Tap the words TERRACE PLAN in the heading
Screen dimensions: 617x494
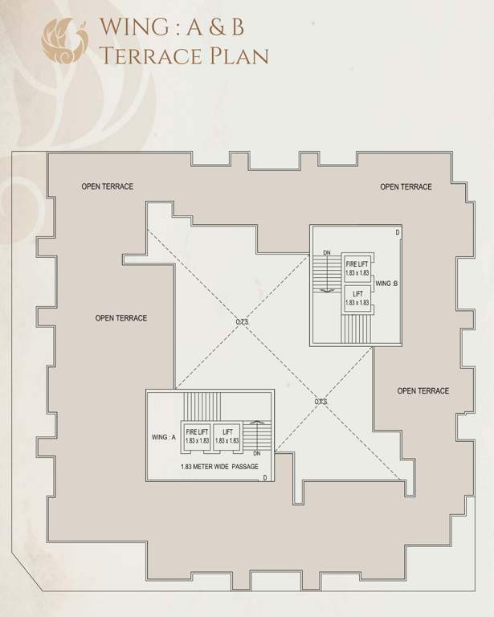coord(183,55)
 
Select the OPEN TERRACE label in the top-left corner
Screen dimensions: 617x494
coord(107,186)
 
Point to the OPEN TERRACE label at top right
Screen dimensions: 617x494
coord(406,187)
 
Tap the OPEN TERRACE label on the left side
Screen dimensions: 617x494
coord(120,318)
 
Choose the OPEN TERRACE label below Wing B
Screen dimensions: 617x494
coord(423,391)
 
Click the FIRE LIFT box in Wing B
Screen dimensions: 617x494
coord(357,268)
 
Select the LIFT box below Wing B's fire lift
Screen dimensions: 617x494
coord(357,299)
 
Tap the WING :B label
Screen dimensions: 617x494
coord(387,284)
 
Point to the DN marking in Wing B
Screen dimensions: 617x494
coord(326,252)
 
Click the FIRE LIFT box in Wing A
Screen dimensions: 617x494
coord(197,435)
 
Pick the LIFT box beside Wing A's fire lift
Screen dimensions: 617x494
coord(227,435)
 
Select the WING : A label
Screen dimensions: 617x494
coord(163,437)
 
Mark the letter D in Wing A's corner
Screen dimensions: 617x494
coord(265,477)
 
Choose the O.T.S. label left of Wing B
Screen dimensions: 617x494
coord(242,322)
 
